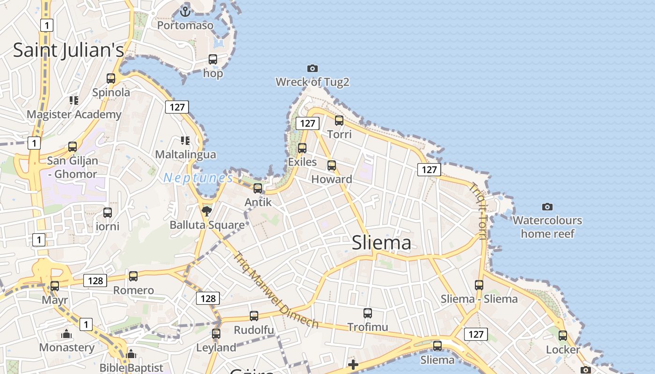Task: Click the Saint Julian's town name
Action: [x=68, y=50]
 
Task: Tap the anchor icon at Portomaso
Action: [x=185, y=11]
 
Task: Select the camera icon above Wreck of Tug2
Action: [x=312, y=69]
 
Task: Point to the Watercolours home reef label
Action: [x=547, y=227]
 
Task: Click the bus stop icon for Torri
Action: [x=339, y=121]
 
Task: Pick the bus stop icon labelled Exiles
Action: [x=302, y=148]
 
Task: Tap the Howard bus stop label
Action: [x=332, y=179]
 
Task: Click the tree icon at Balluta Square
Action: [x=207, y=211]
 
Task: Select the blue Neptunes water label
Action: [x=198, y=178]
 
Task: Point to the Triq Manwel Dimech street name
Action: [x=276, y=290]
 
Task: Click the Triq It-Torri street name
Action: [x=480, y=210]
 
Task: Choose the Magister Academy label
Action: [x=74, y=114]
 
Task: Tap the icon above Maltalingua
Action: [x=185, y=140]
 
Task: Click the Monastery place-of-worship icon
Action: [x=66, y=334]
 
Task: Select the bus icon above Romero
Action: [x=133, y=276]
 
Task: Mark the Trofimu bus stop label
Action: [x=368, y=327]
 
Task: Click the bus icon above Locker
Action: [x=563, y=335]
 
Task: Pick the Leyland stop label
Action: [x=216, y=347]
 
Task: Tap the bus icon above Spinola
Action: [x=111, y=79]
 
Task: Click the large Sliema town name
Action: [x=381, y=243]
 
